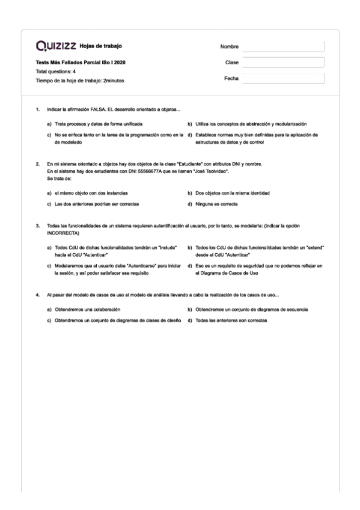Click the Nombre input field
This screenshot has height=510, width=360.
[x=282, y=47]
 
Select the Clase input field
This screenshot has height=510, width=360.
[x=282, y=63]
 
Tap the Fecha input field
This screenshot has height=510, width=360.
[x=282, y=78]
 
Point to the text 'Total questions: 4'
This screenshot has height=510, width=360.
[x=56, y=72]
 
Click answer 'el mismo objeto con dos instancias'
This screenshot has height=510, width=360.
[x=88, y=193]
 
